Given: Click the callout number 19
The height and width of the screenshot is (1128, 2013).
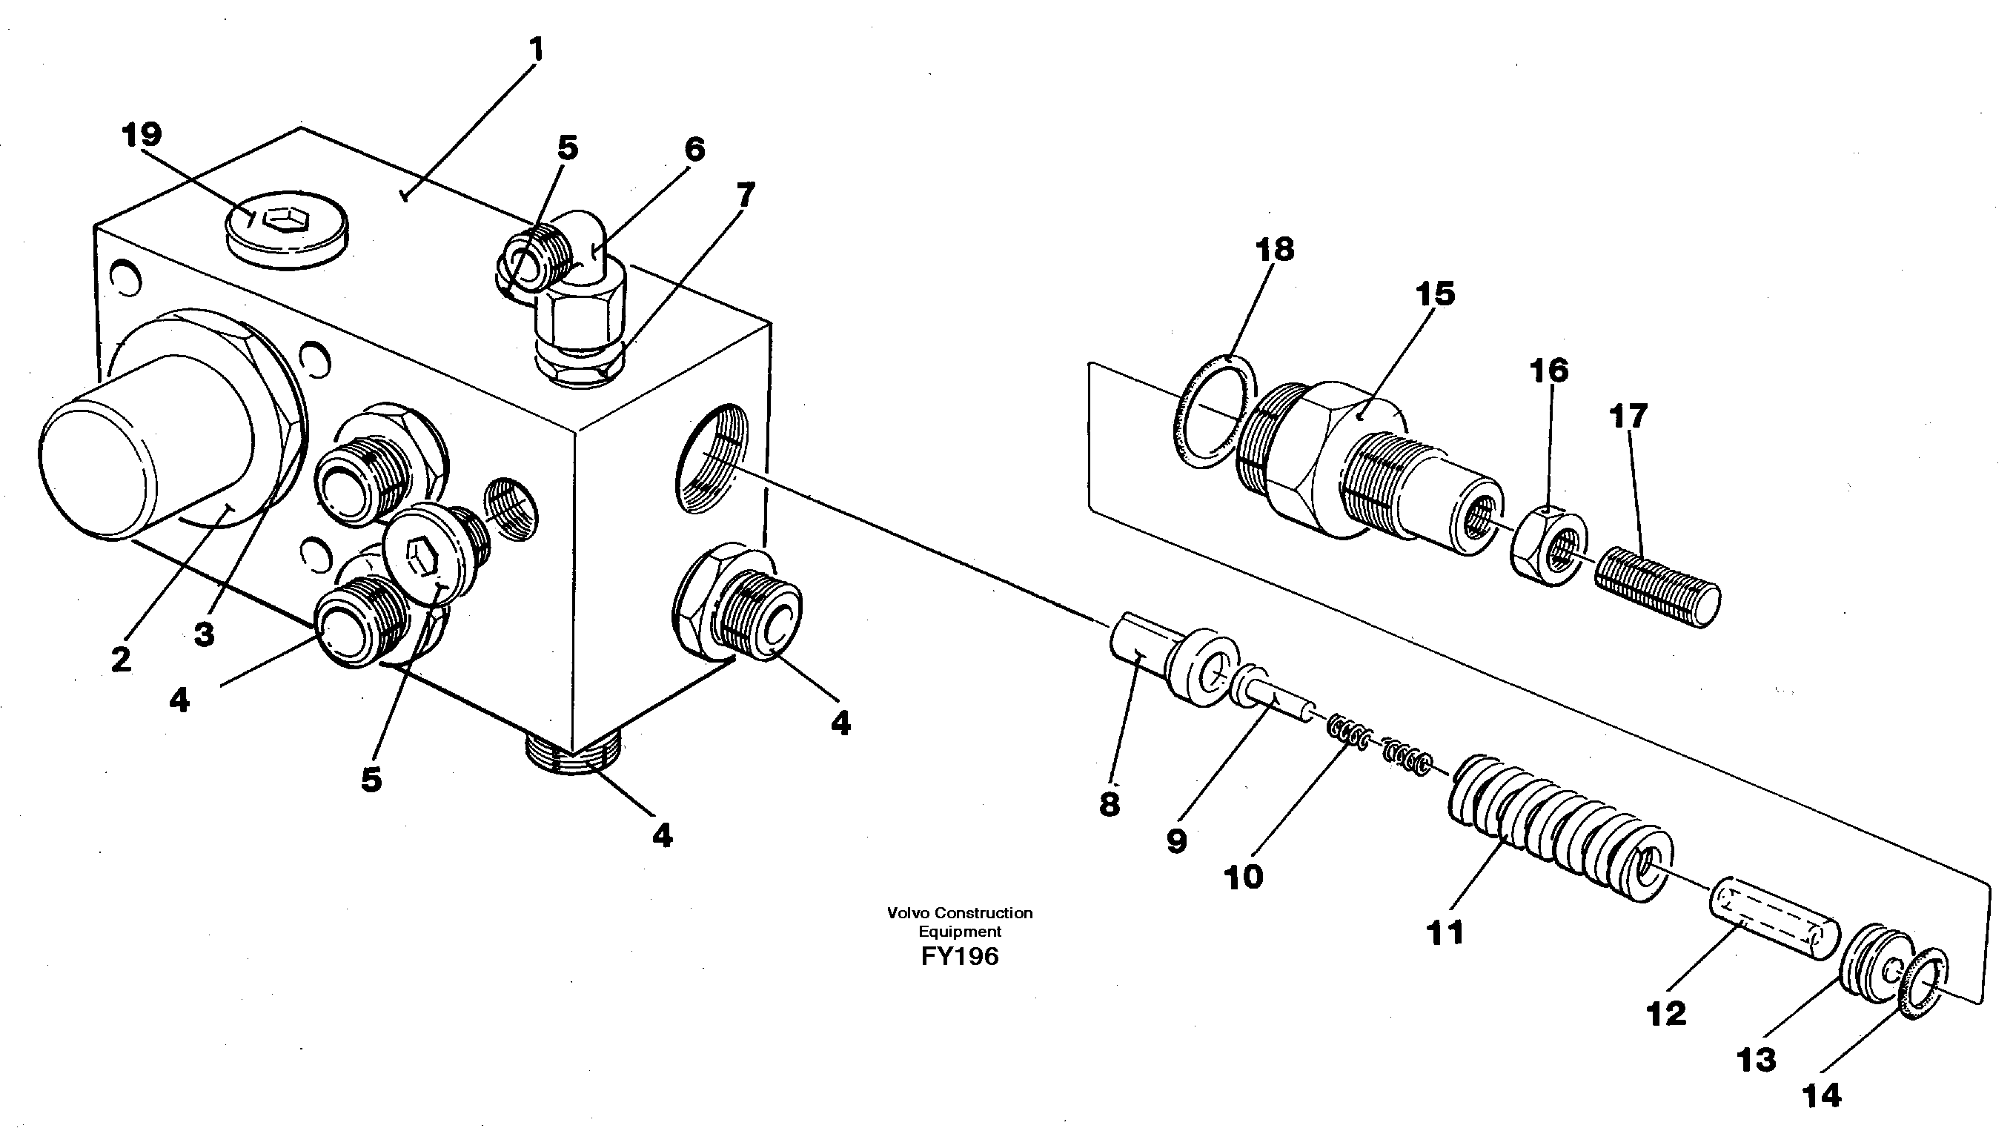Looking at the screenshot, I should (142, 134).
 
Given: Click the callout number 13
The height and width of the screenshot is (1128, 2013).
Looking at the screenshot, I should (1756, 1060).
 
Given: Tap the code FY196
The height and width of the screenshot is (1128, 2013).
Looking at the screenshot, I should (960, 956).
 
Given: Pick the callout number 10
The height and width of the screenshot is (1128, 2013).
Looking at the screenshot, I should (1243, 877).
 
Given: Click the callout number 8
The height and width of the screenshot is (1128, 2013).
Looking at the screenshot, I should (1109, 804).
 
